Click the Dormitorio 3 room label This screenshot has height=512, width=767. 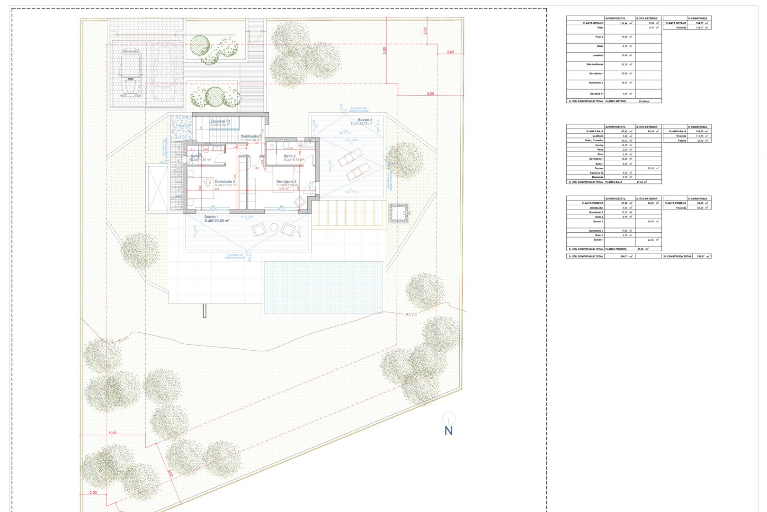[x=224, y=182]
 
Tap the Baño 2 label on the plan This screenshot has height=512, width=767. [x=289, y=156]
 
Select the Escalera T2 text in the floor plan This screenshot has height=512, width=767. [x=220, y=121]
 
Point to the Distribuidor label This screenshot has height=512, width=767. [x=250, y=137]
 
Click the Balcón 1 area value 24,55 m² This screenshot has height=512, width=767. [x=217, y=221]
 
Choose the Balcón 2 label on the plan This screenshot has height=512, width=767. [x=365, y=120]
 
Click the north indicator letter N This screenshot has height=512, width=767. [x=448, y=430]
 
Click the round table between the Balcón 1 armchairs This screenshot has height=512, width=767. [x=274, y=228]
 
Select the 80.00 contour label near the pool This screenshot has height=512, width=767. [x=411, y=315]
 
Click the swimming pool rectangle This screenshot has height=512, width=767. [x=323, y=287]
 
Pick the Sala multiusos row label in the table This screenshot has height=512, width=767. [x=595, y=64]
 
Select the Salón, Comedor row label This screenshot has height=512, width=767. [x=594, y=140]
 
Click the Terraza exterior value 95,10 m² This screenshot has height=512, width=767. [x=652, y=168]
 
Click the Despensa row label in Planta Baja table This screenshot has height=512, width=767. [x=597, y=177]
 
